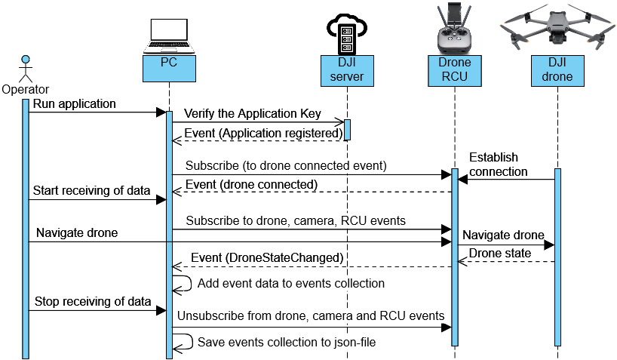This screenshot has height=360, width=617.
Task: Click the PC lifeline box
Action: click(169, 69)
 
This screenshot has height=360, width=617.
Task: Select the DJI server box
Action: click(347, 69)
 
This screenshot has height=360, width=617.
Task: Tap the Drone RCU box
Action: click(454, 69)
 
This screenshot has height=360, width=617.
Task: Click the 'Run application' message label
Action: click(73, 103)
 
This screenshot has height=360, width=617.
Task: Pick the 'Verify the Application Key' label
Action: click(253, 114)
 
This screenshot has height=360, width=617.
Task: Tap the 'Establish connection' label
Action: click(499, 165)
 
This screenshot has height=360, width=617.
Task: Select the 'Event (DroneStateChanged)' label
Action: click(267, 258)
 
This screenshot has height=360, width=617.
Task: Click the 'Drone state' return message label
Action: click(499, 253)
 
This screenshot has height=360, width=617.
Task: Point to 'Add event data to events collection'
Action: click(290, 284)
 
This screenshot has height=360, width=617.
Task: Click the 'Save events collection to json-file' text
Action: click(287, 342)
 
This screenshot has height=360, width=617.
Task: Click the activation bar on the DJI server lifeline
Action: click(347, 129)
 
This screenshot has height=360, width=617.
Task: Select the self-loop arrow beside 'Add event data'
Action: click(182, 283)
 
